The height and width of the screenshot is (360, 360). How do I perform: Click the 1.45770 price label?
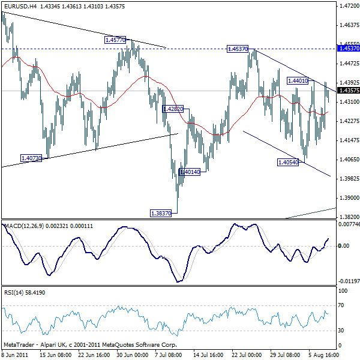[115, 40]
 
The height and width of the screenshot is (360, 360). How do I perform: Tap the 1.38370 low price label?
[161, 212]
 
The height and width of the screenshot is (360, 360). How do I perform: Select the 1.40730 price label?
[31, 158]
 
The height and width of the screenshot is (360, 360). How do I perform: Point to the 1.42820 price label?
[173, 109]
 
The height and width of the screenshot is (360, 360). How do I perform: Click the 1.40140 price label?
[189, 172]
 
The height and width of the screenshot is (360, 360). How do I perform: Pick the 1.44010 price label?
[298, 80]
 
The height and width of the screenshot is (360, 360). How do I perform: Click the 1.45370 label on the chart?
[238, 49]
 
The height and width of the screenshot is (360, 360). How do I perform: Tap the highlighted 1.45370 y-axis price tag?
[349, 48]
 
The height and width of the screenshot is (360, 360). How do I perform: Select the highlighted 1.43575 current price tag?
[349, 91]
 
